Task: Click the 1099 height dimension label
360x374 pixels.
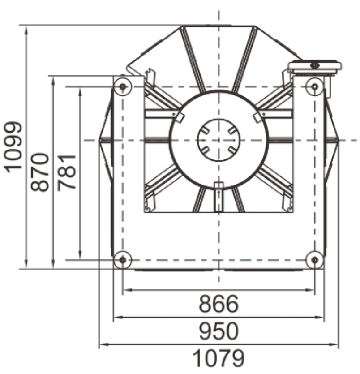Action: coord(13,147)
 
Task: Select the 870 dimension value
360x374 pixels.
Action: coord(40,172)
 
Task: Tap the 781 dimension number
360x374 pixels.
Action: coord(67,172)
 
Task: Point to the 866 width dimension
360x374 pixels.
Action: coord(219,304)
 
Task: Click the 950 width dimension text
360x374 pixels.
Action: coord(219,331)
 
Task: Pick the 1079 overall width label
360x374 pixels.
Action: coord(219,358)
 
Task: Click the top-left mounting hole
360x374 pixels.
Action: coord(123,86)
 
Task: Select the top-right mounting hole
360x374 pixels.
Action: coord(315,86)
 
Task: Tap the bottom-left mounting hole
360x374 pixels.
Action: coord(123,260)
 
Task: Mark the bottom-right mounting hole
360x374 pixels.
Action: coord(315,260)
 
